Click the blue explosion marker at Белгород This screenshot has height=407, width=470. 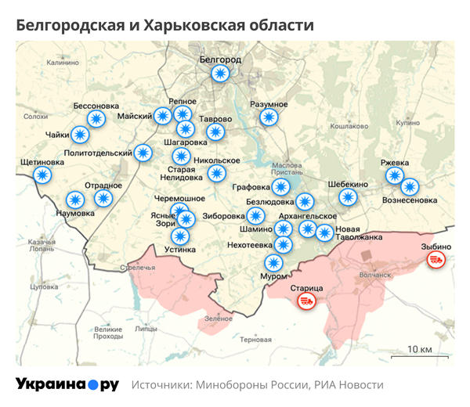pyautogui.click(x=221, y=74)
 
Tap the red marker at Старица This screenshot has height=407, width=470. pyautogui.click(x=306, y=301)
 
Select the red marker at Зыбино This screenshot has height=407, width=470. pyautogui.click(x=436, y=258)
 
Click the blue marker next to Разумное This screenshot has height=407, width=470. pyautogui.click(x=269, y=117)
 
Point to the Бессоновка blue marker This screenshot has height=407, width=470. pyautogui.click(x=96, y=118)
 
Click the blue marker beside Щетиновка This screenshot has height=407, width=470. pyautogui.click(x=42, y=175)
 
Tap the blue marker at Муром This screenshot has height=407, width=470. pyautogui.click(x=273, y=263)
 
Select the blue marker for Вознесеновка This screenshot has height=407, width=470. pyautogui.click(x=410, y=187)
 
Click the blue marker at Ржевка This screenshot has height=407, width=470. pyautogui.click(x=396, y=175)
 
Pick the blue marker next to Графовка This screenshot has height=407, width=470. pyautogui.click(x=280, y=187)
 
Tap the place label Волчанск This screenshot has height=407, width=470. pyautogui.click(x=373, y=275)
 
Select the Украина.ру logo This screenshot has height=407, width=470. pyautogui.click(x=67, y=385)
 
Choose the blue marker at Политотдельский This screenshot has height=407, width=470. pyautogui.click(x=143, y=153)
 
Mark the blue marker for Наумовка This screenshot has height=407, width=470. pyautogui.click(x=76, y=200)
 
